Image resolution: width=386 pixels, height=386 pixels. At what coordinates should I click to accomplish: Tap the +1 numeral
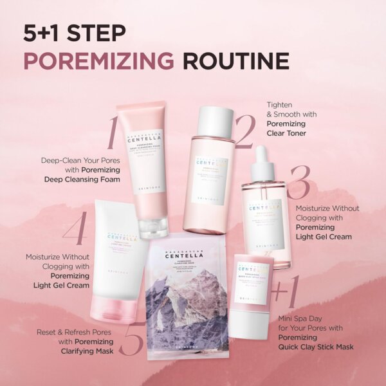(x=285, y=293)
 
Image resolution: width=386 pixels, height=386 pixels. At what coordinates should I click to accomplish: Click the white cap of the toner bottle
(x=215, y=122)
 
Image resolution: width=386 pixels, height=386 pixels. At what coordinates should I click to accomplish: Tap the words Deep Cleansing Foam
(x=82, y=179)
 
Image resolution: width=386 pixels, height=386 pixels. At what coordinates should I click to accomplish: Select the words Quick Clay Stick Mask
(x=317, y=347)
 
